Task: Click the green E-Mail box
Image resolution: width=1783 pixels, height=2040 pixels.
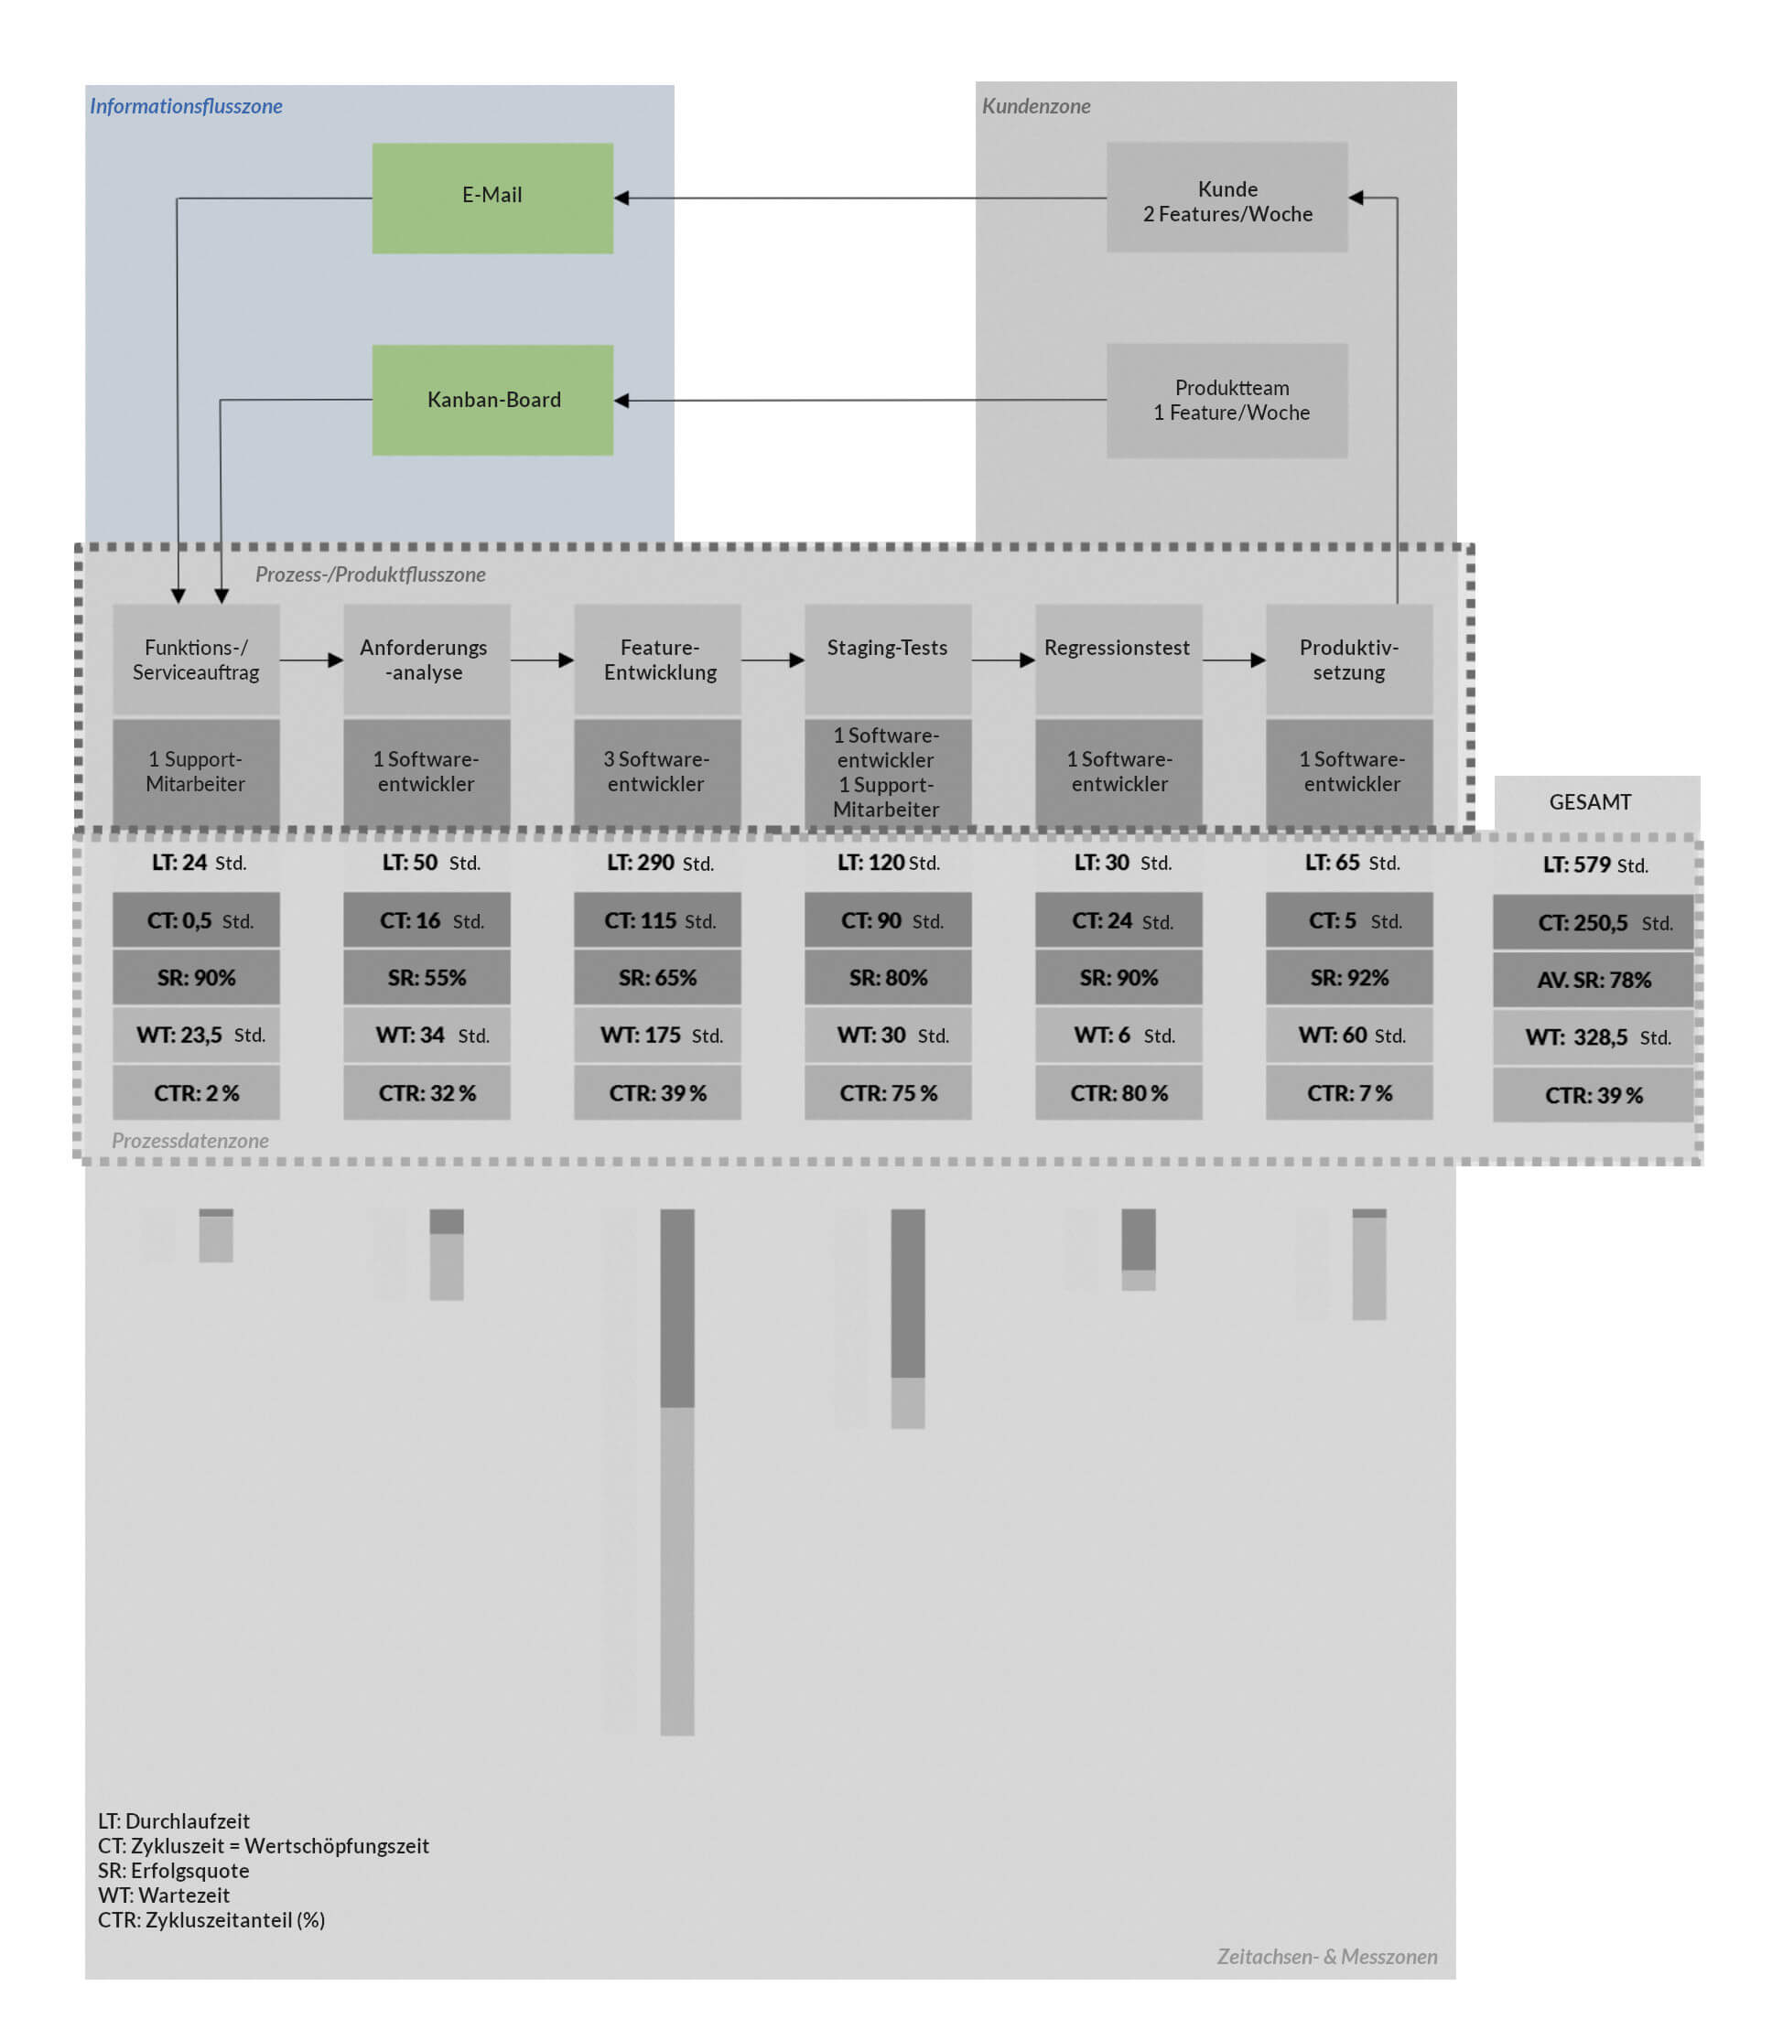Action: click(x=492, y=198)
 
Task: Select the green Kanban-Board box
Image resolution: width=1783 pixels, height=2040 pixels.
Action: click(x=492, y=400)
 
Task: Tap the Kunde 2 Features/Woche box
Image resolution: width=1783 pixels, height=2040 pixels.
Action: click(x=1226, y=198)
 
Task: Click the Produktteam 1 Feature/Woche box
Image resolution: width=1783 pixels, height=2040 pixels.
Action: click(x=1226, y=400)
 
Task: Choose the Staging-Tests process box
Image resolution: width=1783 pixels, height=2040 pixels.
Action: click(x=888, y=659)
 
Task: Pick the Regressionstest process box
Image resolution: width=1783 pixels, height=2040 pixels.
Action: click(x=1118, y=659)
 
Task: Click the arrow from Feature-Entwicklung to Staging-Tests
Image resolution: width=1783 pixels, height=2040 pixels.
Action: click(x=773, y=660)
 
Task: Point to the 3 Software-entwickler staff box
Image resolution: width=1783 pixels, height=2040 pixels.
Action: click(x=656, y=772)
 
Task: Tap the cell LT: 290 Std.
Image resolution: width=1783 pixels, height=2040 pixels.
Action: click(x=658, y=863)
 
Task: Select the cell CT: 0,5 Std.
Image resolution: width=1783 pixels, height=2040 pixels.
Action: click(x=196, y=920)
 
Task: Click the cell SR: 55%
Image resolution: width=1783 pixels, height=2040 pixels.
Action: click(x=427, y=978)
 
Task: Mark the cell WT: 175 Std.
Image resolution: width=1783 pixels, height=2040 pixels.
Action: click(x=658, y=1036)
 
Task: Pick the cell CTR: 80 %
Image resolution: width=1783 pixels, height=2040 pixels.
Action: click(x=1118, y=1093)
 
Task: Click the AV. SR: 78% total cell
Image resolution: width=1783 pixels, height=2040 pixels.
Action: click(x=1593, y=980)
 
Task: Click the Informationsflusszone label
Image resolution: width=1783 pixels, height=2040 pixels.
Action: click(x=186, y=106)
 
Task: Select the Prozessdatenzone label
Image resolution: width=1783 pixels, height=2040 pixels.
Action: click(x=190, y=1141)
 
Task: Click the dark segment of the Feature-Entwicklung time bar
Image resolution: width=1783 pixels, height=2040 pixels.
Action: click(x=676, y=1308)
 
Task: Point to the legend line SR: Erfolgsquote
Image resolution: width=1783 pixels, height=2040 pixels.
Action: click(x=173, y=1871)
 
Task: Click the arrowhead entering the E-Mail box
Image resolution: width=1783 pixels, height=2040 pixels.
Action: click(x=621, y=198)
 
